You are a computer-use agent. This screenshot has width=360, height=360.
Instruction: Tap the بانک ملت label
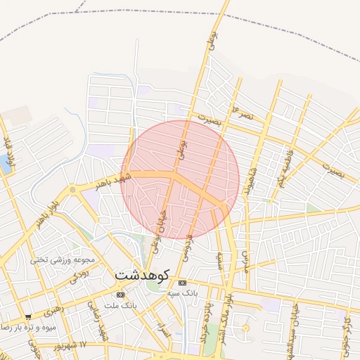120,306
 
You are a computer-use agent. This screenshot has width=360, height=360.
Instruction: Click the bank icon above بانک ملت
120,294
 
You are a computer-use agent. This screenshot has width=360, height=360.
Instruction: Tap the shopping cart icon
28,317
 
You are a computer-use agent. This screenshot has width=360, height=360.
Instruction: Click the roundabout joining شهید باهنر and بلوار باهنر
72,190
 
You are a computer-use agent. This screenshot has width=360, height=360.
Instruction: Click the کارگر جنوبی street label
346,330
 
